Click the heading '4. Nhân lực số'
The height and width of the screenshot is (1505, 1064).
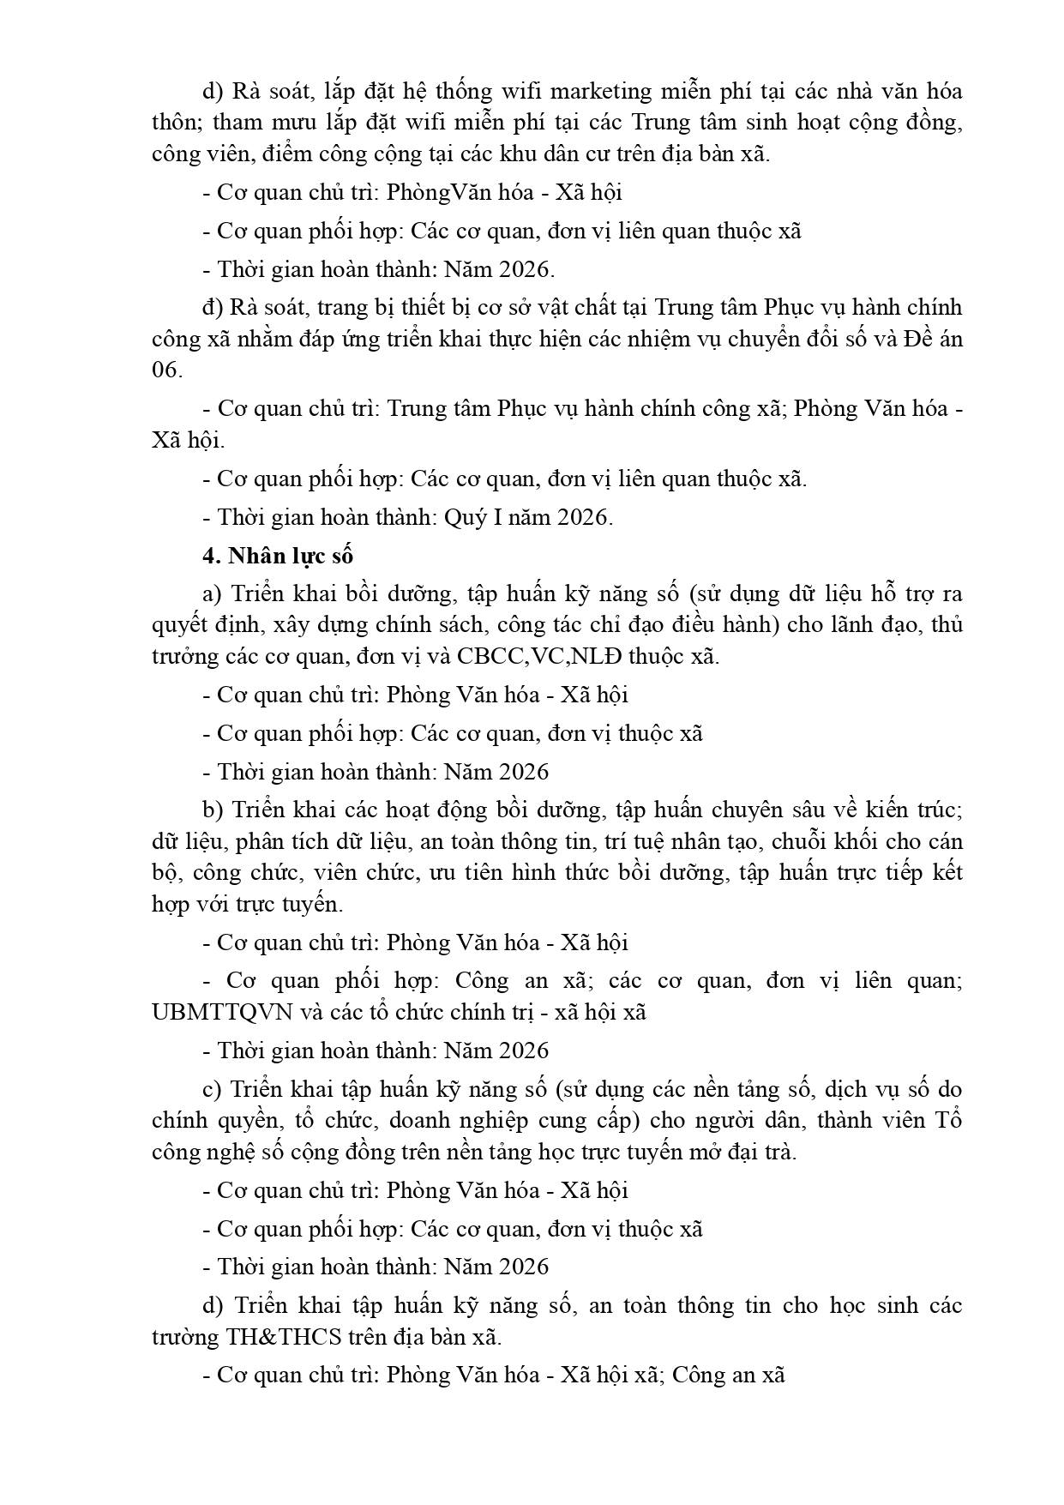click(x=278, y=556)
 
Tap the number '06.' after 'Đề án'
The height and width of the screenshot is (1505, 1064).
click(x=167, y=370)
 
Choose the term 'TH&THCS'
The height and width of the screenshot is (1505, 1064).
click(x=284, y=1337)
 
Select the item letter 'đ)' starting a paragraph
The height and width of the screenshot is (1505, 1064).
click(x=212, y=307)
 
